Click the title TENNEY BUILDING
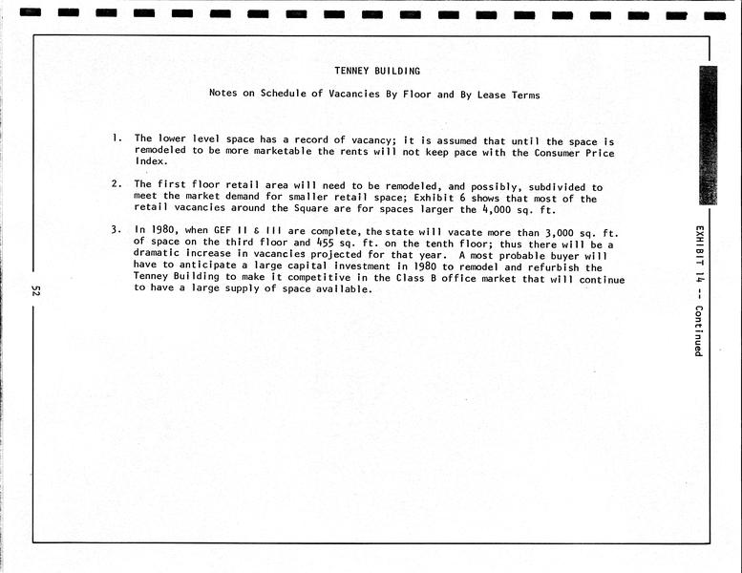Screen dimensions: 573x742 tap(376, 71)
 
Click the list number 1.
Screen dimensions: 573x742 tap(116, 138)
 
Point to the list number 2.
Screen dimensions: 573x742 tap(116, 183)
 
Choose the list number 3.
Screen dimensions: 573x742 tap(116, 229)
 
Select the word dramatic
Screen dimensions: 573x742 tap(160, 256)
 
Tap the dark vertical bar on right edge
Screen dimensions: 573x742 tap(708, 135)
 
